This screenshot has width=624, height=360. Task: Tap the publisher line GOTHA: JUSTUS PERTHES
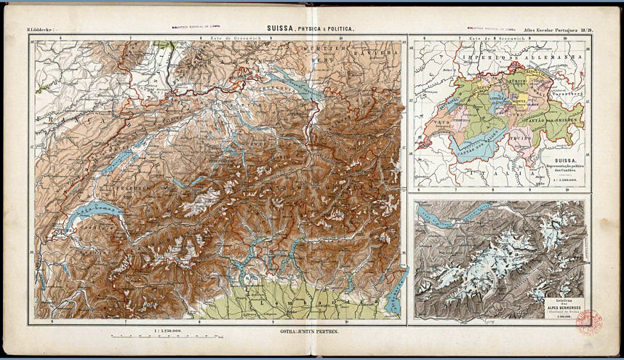311,331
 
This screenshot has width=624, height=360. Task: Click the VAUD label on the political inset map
443,124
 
